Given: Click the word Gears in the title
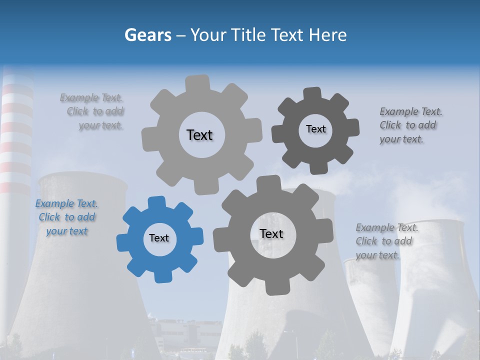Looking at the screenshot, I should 147,35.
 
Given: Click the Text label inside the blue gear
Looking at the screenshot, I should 159,238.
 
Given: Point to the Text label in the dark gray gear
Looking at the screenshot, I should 315,129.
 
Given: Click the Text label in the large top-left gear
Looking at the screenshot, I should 199,135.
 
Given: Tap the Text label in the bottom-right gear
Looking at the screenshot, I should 271,234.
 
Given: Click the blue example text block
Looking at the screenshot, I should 66,217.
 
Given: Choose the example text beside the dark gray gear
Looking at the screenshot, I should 410,125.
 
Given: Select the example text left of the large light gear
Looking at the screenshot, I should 93,111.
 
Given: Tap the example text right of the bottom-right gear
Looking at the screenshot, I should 386,241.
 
